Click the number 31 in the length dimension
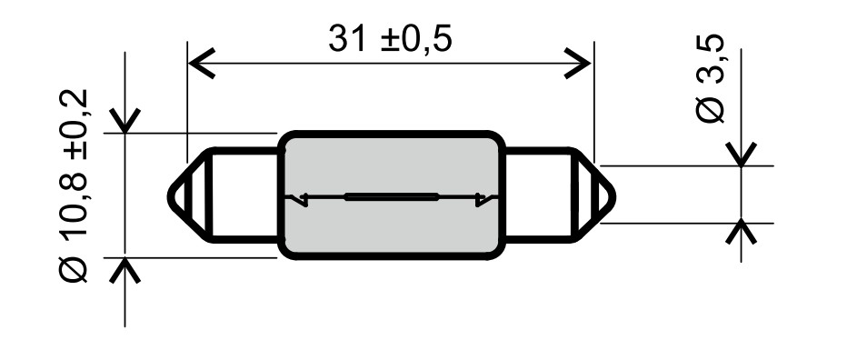(348, 39)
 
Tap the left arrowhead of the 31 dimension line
(199, 65)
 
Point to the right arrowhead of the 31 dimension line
(579, 65)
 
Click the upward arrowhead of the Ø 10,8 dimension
(125, 269)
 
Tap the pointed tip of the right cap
(612, 195)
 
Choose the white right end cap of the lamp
(541, 195)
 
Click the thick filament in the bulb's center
(392, 196)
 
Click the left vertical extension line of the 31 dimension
(186, 100)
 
